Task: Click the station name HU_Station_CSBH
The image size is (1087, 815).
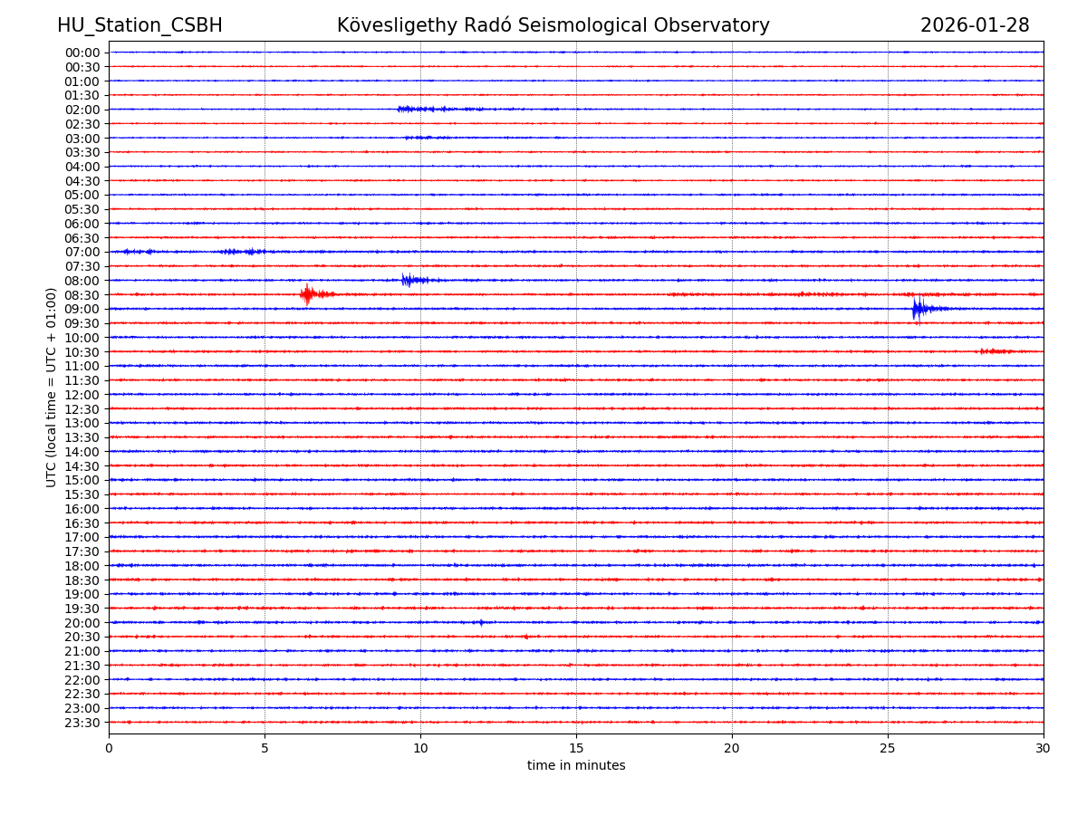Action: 139,25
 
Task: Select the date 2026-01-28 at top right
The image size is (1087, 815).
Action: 975,25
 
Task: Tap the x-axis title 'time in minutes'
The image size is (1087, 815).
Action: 576,766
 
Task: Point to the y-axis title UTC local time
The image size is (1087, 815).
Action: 52,387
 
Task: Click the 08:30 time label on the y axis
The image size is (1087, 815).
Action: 82,295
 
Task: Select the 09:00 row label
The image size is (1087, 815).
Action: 82,309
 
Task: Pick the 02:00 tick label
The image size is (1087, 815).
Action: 82,110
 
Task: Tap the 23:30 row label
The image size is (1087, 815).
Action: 82,723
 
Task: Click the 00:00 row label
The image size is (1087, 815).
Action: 82,53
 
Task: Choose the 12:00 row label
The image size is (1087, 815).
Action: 82,395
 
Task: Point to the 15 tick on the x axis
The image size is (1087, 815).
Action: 576,749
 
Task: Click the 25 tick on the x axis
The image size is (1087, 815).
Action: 888,749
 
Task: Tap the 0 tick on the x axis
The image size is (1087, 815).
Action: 109,749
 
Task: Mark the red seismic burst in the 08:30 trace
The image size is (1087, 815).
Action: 308,294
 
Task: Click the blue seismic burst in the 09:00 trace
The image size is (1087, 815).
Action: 919,309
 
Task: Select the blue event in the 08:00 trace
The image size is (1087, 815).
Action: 409,280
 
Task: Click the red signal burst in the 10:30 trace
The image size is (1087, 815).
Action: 995,351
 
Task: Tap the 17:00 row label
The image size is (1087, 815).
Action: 82,537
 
